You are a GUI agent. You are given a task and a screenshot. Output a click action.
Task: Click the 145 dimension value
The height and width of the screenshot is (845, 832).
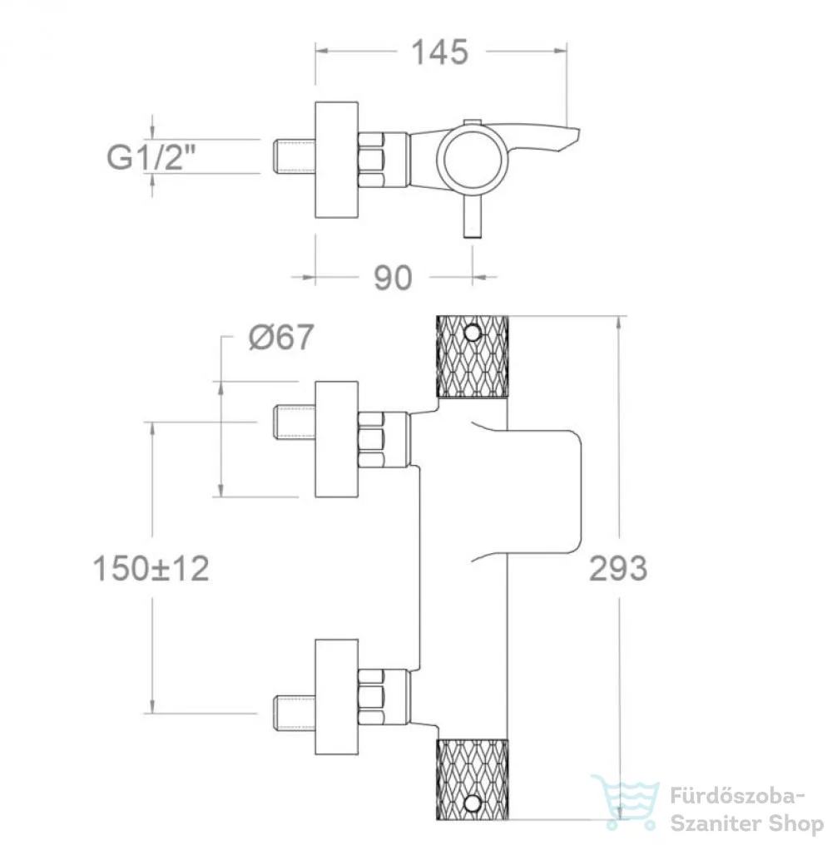(439, 52)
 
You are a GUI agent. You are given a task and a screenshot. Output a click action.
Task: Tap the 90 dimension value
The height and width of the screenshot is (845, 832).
(393, 278)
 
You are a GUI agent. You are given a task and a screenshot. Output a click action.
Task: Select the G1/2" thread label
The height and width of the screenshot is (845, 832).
(151, 157)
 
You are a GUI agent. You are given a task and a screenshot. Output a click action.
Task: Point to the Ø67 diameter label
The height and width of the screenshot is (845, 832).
(281, 338)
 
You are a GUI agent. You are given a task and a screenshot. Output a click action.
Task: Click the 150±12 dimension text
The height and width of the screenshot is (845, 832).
(151, 568)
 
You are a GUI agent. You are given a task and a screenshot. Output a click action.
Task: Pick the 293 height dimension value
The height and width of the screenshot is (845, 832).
(618, 568)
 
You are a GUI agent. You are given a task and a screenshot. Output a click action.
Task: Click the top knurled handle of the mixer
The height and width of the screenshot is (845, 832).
(472, 356)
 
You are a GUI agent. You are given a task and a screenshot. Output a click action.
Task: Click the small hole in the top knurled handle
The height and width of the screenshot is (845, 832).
(473, 333)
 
